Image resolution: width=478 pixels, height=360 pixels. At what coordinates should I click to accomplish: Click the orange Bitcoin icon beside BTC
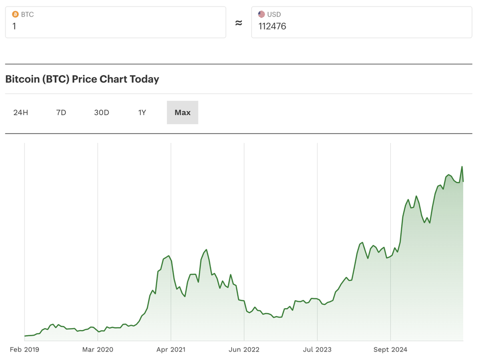pyautogui.click(x=15, y=14)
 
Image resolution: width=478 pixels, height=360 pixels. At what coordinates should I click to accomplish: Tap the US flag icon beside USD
pyautogui.click(x=261, y=14)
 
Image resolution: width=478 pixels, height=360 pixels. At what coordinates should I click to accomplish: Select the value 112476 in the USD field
pyautogui.click(x=272, y=26)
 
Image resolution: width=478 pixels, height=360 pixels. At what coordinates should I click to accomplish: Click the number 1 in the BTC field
pyautogui.click(x=14, y=26)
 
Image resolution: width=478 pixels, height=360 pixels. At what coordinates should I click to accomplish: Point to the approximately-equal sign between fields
pyautogui.click(x=239, y=23)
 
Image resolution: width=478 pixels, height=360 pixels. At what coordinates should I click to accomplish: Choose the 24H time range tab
pyautogui.click(x=21, y=113)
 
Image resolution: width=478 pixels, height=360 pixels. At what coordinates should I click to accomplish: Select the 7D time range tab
pyautogui.click(x=61, y=113)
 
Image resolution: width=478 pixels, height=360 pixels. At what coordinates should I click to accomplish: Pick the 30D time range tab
pyautogui.click(x=102, y=113)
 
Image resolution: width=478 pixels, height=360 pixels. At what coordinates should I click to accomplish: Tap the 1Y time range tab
pyautogui.click(x=142, y=113)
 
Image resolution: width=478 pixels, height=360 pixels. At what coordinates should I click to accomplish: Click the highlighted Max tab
pyautogui.click(x=182, y=113)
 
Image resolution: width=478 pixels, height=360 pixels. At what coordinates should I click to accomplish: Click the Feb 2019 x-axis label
pyautogui.click(x=24, y=350)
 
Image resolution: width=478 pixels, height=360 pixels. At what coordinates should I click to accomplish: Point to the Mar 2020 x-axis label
pyautogui.click(x=98, y=350)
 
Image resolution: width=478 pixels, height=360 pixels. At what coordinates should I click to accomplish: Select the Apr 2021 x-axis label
pyautogui.click(x=171, y=350)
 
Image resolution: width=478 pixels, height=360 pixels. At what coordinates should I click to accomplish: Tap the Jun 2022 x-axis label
pyautogui.click(x=244, y=350)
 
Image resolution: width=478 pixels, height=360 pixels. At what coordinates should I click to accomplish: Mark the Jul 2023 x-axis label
pyautogui.click(x=317, y=350)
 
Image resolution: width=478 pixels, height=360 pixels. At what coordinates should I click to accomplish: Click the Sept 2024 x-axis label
pyautogui.click(x=390, y=350)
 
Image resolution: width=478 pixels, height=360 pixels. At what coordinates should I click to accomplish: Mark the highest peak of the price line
pyautogui.click(x=462, y=167)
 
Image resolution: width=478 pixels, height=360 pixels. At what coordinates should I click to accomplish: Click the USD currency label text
pyautogui.click(x=274, y=14)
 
